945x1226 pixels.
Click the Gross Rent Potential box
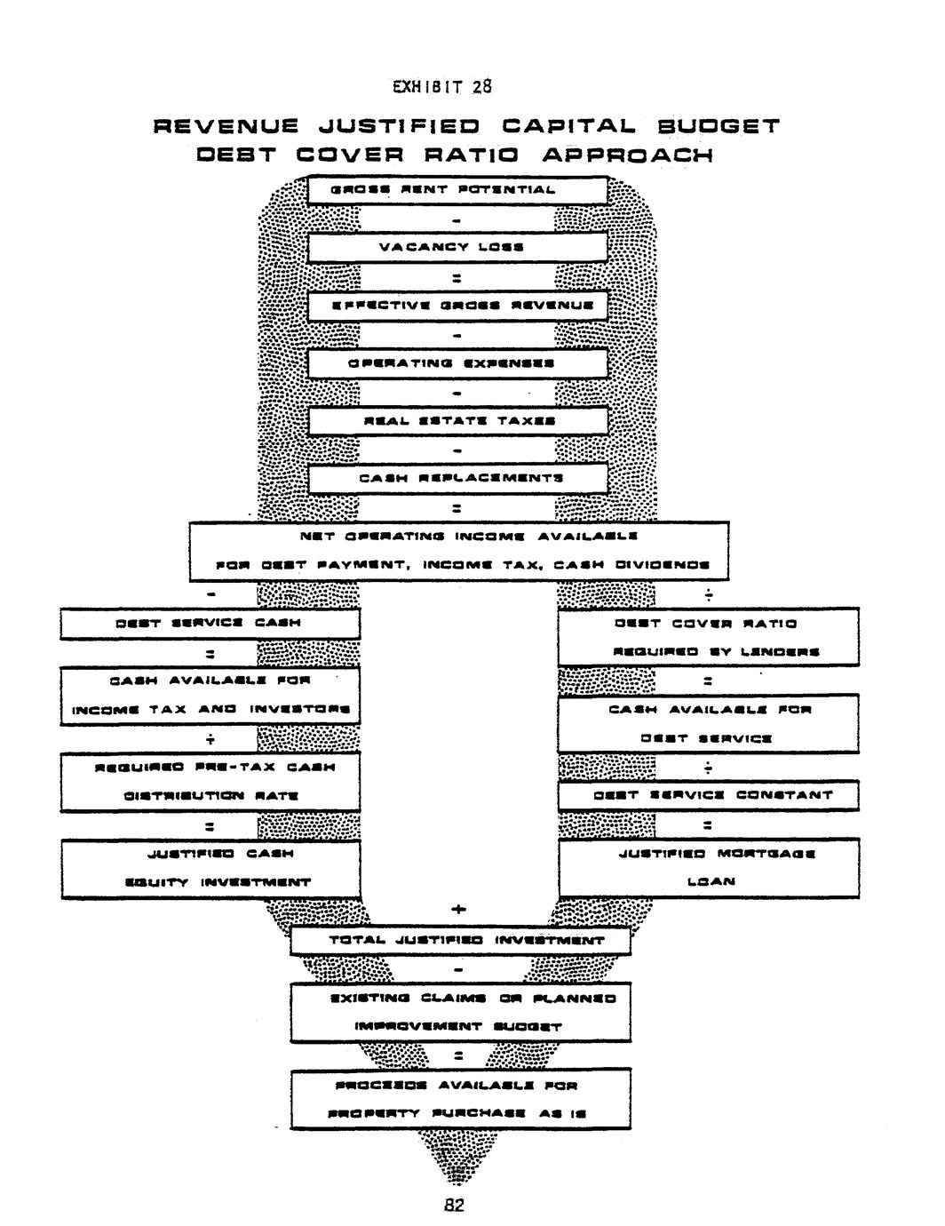457,190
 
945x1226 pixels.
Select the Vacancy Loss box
457,247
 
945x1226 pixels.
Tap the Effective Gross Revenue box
457,305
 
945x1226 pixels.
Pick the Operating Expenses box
457,362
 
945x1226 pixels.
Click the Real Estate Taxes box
457,420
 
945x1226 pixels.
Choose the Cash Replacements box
457,478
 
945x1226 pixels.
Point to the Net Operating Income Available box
458,551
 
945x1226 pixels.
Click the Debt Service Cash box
210,623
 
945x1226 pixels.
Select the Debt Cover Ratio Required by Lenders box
708,636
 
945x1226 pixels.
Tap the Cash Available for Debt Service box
708,723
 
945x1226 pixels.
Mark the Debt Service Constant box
708,795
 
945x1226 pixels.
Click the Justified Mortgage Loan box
708,868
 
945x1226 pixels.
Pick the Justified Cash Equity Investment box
210,868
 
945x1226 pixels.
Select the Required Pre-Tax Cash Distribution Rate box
210,781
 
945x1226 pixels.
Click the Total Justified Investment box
459,940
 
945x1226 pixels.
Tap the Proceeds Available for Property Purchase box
459,1099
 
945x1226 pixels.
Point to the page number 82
454,1205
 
